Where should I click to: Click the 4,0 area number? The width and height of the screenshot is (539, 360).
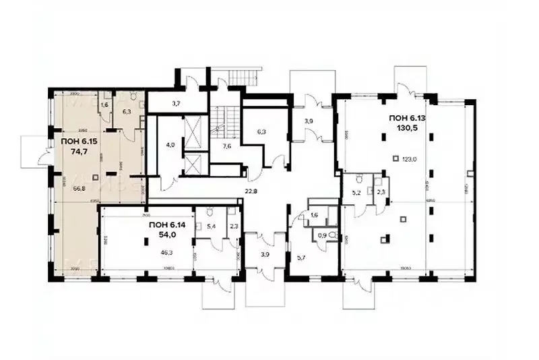[x=170, y=144]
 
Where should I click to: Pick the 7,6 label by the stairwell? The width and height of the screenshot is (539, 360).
[x=227, y=144]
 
